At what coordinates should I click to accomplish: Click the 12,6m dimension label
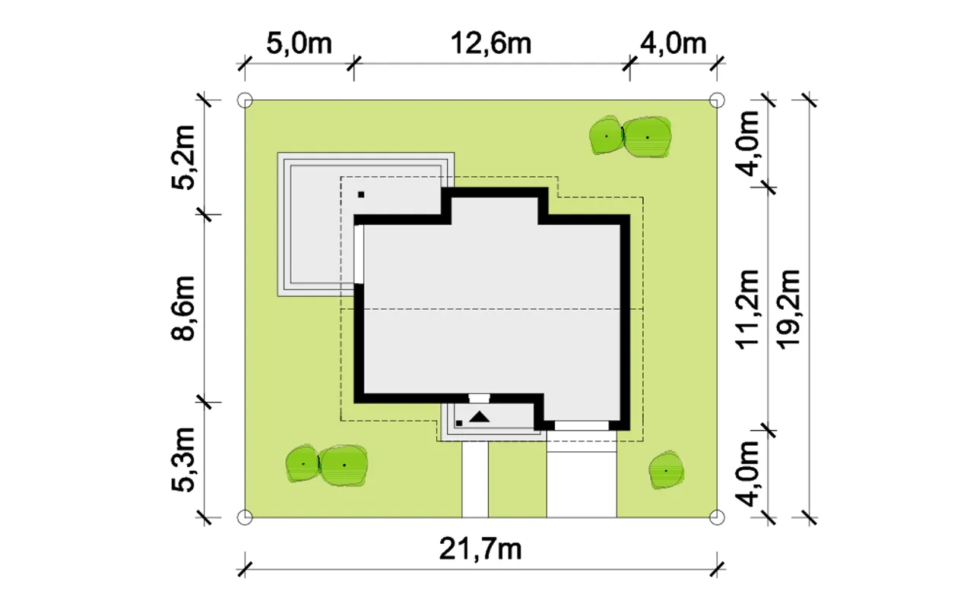click(x=491, y=43)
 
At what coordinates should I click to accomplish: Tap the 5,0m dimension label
click(x=299, y=43)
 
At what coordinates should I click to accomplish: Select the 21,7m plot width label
click(x=480, y=549)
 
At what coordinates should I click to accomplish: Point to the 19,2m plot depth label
click(x=788, y=309)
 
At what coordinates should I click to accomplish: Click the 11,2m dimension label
click(x=747, y=309)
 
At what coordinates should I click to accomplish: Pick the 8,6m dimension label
click(x=182, y=308)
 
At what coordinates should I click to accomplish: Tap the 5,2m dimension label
click(x=182, y=157)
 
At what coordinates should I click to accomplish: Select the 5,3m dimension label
click(x=182, y=459)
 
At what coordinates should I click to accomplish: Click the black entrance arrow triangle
click(x=480, y=418)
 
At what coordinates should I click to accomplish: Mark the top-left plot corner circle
click(x=245, y=100)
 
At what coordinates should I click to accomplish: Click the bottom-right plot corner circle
click(x=717, y=517)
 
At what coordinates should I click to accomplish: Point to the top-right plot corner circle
click(x=717, y=100)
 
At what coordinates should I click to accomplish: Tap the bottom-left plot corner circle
click(x=245, y=517)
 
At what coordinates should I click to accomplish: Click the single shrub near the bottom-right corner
click(x=666, y=470)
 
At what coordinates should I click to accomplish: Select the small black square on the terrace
click(x=361, y=194)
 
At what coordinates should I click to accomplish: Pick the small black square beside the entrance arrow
click(x=459, y=423)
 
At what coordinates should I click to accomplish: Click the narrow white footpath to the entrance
click(x=475, y=479)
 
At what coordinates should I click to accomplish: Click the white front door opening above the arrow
click(x=479, y=398)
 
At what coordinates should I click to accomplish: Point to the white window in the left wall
click(x=359, y=254)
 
